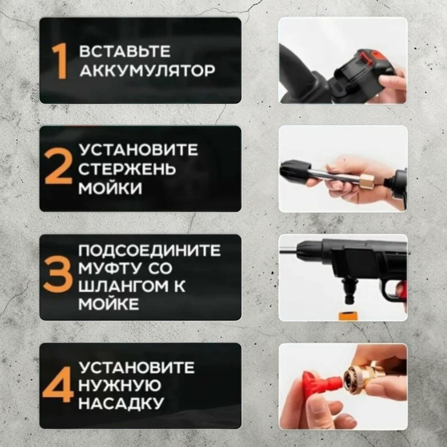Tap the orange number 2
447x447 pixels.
[x=58, y=166]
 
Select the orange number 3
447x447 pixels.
[x=58, y=275]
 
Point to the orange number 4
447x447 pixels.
[x=58, y=385]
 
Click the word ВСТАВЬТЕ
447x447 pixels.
[x=125, y=51]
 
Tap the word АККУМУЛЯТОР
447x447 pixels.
[x=147, y=70]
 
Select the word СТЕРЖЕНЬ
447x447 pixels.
[x=127, y=169]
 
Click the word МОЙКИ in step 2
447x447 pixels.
[x=110, y=188]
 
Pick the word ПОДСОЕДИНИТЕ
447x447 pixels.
[x=149, y=250]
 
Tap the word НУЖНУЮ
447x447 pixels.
[x=120, y=385]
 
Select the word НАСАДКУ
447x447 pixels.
[x=121, y=403]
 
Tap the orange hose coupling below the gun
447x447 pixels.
[x=348, y=316]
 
